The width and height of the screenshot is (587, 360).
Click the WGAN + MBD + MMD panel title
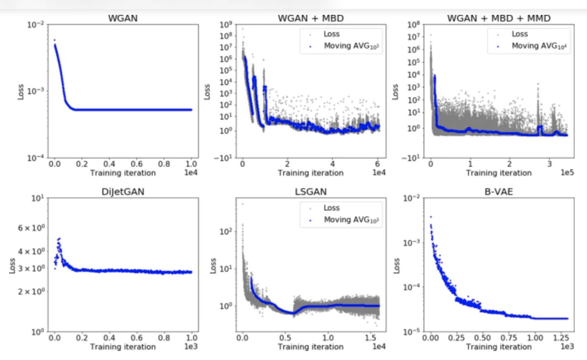tap(498, 19)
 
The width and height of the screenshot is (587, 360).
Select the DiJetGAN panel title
tap(123, 192)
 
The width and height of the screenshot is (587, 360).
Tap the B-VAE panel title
tap(498, 192)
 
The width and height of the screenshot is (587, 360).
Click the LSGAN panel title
tap(310, 192)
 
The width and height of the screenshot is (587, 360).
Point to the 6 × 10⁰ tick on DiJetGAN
tap(31, 228)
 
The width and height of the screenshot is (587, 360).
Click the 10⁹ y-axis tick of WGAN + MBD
tap(226, 25)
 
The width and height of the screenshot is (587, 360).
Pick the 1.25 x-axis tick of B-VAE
tap(561, 338)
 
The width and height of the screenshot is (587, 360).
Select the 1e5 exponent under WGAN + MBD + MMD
tap(567, 173)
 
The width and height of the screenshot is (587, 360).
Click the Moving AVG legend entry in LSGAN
tap(351, 220)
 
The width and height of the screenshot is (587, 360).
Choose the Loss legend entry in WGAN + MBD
tap(331, 34)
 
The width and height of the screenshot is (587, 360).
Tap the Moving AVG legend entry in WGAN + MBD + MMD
tap(539, 46)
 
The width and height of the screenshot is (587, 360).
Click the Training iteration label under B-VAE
tap(499, 347)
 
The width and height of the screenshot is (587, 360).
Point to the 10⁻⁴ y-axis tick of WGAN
tap(36, 158)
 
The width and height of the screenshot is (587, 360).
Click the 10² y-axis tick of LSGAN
tap(225, 231)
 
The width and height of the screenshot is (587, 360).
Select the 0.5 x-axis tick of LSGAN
tap(285, 338)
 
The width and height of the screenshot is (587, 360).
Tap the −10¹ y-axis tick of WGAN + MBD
tap(223, 158)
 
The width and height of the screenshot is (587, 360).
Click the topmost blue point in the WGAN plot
tap(54, 40)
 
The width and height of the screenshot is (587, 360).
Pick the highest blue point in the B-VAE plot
tap(431, 217)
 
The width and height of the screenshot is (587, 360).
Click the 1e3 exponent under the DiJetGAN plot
tap(191, 346)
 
